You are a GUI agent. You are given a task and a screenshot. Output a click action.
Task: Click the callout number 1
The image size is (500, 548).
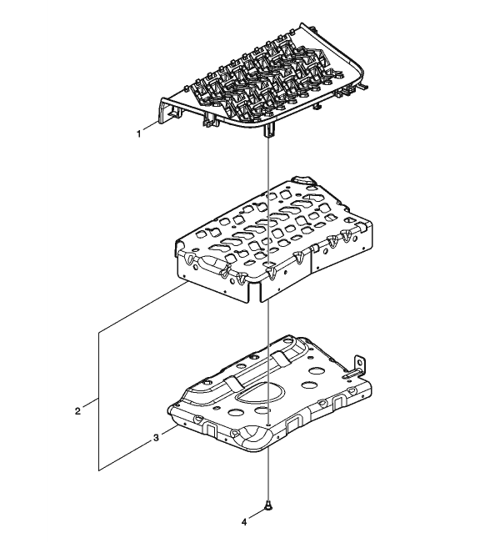pos(139,133)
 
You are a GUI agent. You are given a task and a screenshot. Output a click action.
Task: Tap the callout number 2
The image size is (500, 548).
pos(77,410)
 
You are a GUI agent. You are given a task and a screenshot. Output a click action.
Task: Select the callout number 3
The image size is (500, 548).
pos(156,438)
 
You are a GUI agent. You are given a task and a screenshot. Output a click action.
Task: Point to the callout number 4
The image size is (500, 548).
pos(244,522)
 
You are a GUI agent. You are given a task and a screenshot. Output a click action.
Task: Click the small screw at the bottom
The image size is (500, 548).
pos(268,504)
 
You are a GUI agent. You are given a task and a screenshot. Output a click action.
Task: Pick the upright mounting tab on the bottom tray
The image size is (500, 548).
pos(359,364)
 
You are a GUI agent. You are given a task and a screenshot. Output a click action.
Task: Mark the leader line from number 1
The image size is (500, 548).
pos(151,127)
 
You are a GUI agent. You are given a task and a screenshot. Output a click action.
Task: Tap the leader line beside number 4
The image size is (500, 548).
pos(257,514)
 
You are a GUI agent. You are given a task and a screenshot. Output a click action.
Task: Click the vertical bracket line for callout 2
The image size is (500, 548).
pos(99,401)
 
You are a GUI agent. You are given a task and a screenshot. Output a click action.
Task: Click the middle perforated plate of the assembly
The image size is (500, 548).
pos(273,240)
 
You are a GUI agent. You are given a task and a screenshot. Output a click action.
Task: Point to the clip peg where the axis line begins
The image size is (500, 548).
pos(268,131)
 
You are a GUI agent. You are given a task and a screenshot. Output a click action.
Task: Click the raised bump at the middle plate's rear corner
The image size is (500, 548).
pos(303,179)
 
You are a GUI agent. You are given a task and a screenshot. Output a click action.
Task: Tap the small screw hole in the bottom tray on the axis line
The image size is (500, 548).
pos(267,423)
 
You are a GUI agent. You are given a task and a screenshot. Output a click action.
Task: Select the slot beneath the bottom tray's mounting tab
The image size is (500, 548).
pos(351,375)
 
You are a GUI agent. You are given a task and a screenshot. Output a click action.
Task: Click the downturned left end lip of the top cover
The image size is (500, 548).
pos(163,110)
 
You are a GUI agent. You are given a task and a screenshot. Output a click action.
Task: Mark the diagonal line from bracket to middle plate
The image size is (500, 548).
pos(143,307)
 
